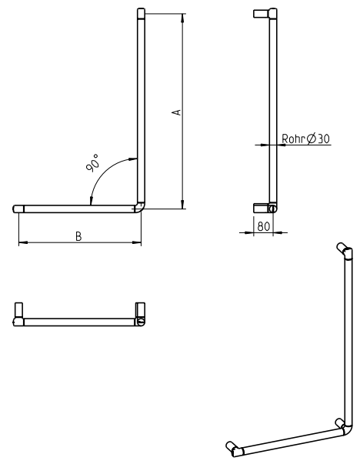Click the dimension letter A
(x=176, y=112)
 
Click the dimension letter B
(x=78, y=236)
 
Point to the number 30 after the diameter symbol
(x=324, y=139)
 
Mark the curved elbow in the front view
(x=139, y=207)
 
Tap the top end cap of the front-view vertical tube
(x=140, y=13)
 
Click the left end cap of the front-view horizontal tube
(x=19, y=209)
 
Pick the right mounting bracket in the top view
(x=140, y=311)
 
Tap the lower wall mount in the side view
(x=262, y=208)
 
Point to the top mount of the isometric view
(x=343, y=249)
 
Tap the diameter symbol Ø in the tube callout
(x=312, y=139)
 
